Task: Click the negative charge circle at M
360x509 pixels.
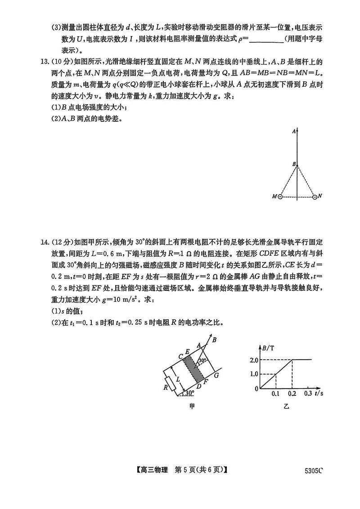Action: point(280,196)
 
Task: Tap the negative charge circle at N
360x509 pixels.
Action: point(314,196)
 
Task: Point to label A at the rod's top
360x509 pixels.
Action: point(293,131)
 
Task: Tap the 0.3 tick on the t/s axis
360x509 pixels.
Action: point(308,394)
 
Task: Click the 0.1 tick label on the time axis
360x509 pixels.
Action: point(275,394)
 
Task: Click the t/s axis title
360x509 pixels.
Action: point(319,393)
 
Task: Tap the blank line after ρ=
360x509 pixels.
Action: point(265,40)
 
